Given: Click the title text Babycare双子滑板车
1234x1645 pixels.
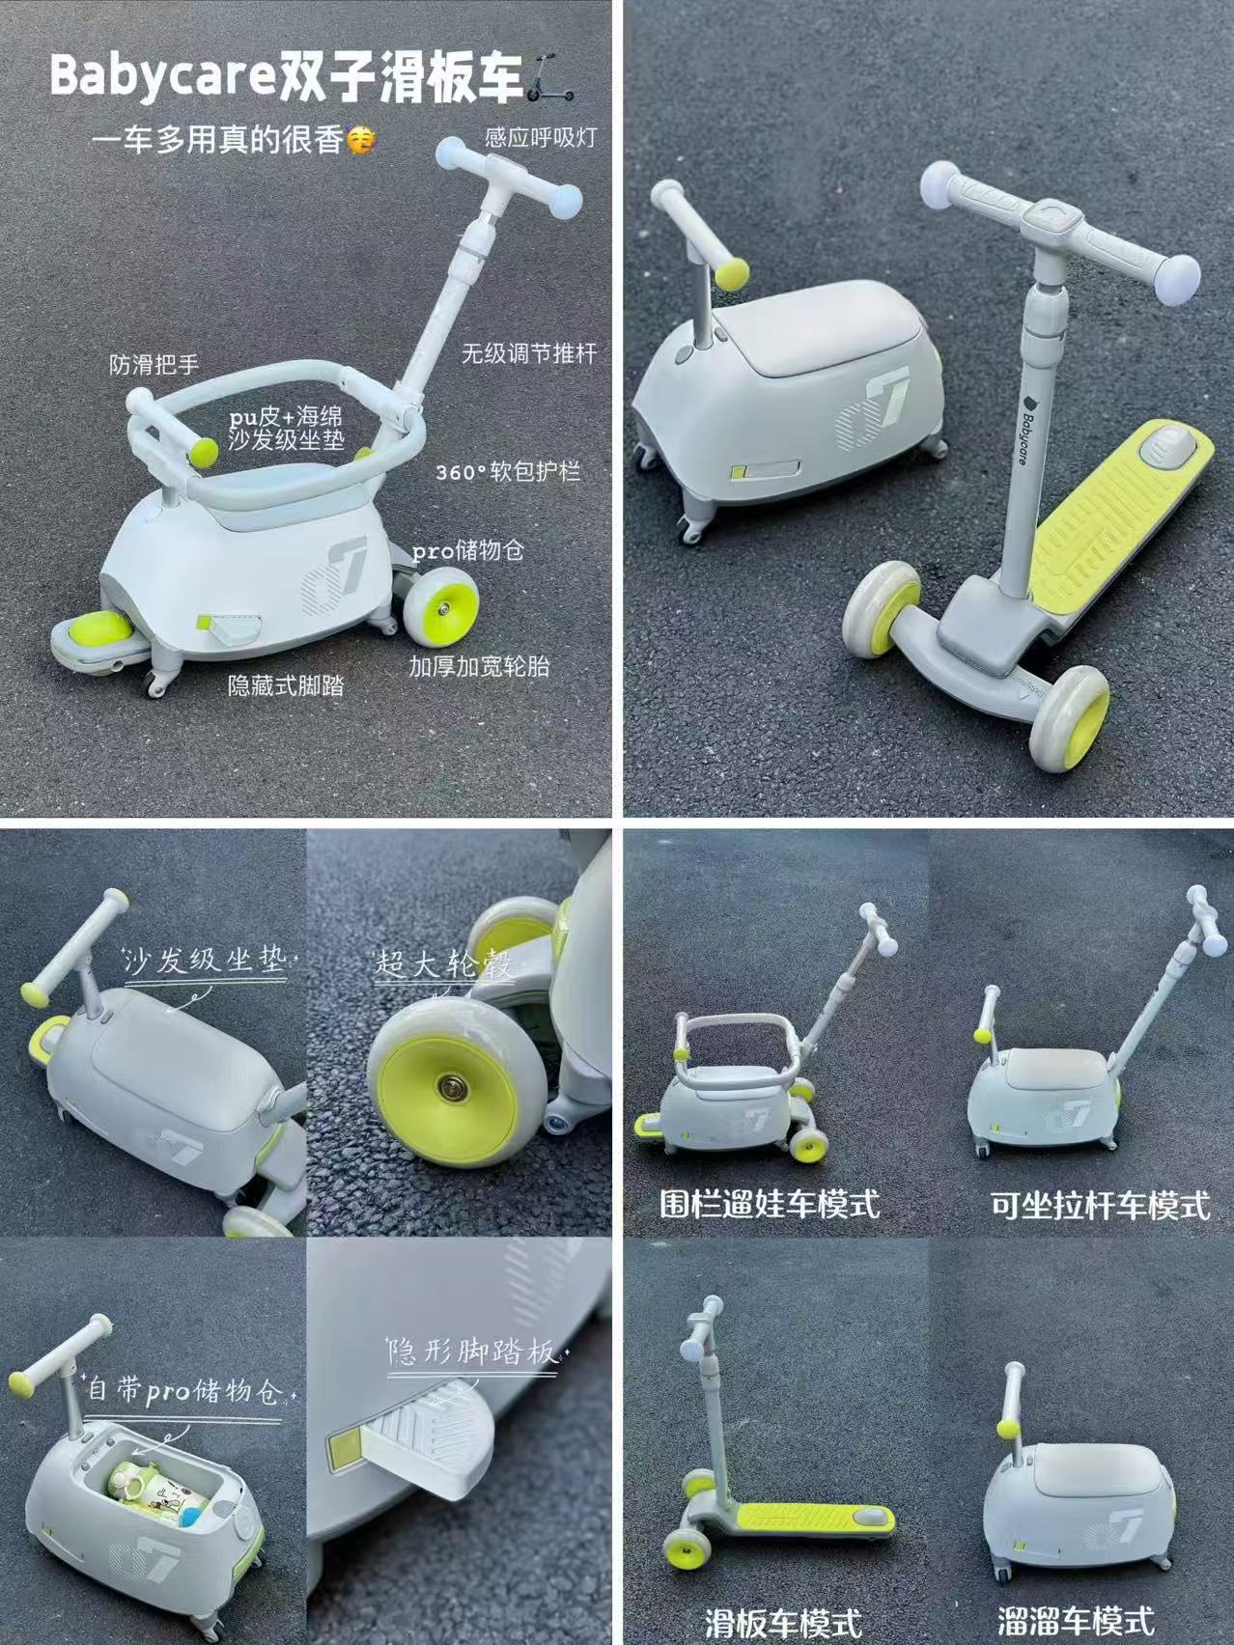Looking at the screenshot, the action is pyautogui.click(x=288, y=74).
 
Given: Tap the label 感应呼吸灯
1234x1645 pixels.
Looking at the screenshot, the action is pyautogui.click(x=541, y=136).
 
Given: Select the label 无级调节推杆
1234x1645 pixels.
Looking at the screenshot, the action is pyautogui.click(x=528, y=352).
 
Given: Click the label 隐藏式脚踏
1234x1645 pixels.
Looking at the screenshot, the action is pyautogui.click(x=286, y=685).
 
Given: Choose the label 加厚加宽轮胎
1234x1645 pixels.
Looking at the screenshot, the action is pyautogui.click(x=479, y=666).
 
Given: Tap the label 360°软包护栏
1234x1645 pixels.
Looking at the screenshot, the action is pyautogui.click(x=508, y=474).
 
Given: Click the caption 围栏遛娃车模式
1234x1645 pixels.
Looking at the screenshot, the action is pyautogui.click(x=770, y=1204).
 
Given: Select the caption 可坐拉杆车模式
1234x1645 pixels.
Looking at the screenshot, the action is pyautogui.click(x=1099, y=1205).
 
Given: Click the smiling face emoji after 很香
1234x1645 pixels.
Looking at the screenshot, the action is pyautogui.click(x=361, y=141).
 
